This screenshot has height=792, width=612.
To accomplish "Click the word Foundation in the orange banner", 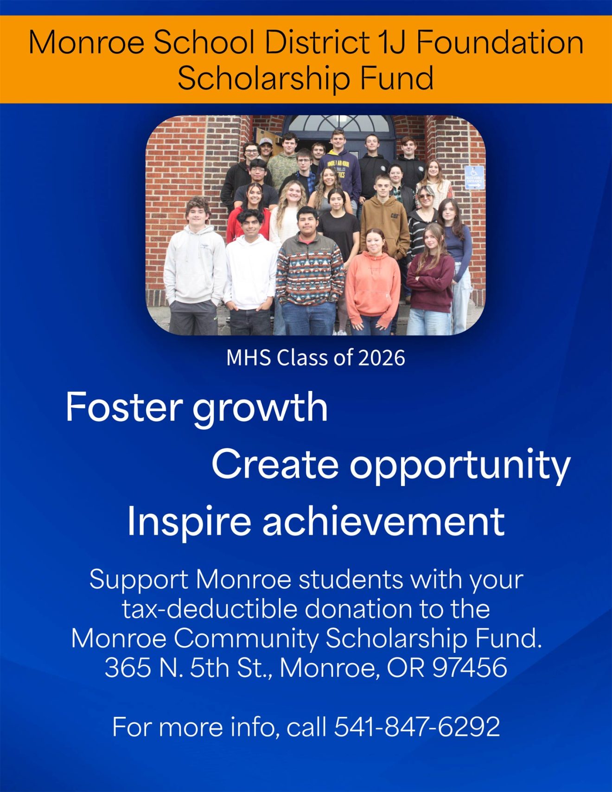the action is [499, 42].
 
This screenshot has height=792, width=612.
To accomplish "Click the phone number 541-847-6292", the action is [417, 727].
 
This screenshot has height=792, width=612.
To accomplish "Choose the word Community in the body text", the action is [247, 639].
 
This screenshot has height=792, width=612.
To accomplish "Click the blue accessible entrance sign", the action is [474, 178].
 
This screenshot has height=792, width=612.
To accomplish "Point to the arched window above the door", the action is [338, 123].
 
